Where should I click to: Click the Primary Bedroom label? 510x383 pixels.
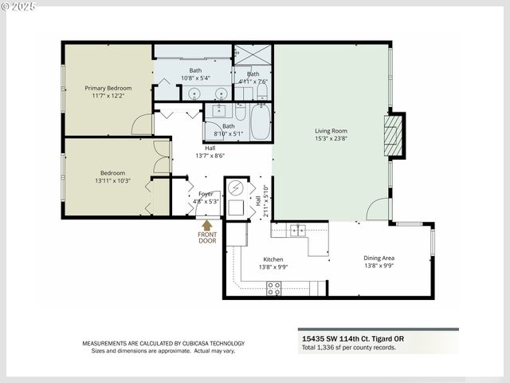coord(108,88)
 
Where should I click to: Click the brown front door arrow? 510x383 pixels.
coord(207,226)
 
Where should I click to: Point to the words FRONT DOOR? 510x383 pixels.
coord(207,237)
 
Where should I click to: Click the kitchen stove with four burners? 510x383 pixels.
coord(273,288)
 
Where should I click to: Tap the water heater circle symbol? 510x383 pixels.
coord(236,189)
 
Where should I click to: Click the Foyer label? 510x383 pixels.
coord(206,194)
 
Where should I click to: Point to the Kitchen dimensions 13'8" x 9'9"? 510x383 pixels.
coord(273,267)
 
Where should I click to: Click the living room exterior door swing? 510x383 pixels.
coord(378,209)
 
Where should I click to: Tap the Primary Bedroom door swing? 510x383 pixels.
coord(143,124)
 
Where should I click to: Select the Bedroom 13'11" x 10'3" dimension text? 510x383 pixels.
coord(112,181)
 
